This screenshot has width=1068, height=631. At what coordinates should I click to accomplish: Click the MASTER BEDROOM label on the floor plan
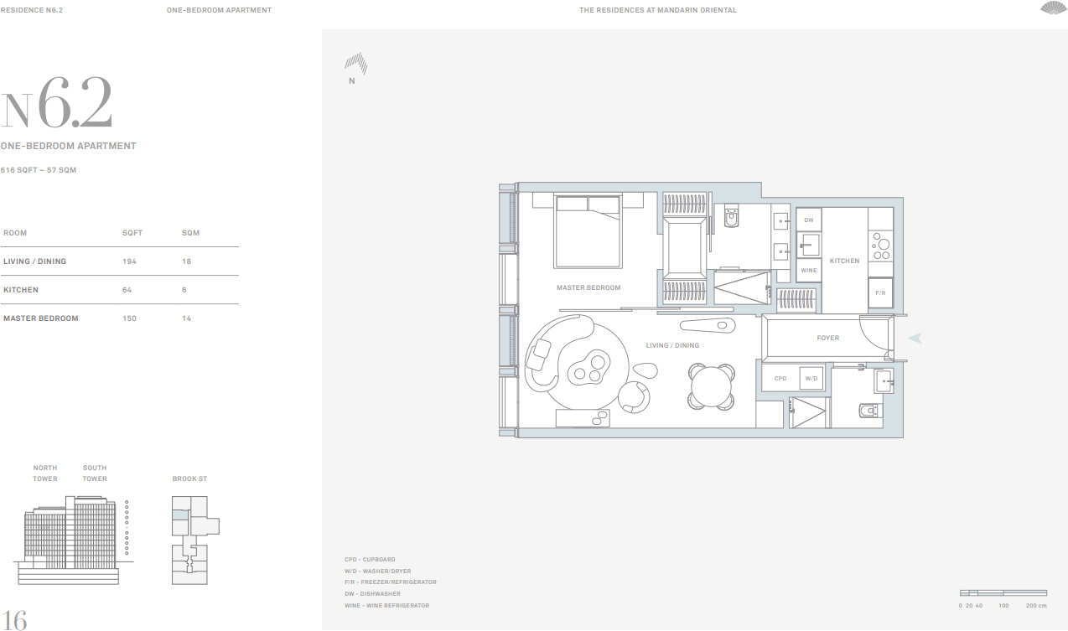tap(588, 287)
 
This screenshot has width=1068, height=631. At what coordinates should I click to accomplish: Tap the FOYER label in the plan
tap(827, 338)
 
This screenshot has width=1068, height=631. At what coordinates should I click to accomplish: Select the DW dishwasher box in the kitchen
tap(808, 220)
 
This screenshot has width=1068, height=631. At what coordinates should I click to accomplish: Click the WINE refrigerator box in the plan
tap(808, 271)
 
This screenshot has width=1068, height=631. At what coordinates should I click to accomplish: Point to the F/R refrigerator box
tap(880, 293)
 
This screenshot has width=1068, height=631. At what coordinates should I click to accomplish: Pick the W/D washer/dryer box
tap(811, 378)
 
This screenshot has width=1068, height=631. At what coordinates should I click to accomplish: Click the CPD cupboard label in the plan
tap(780, 378)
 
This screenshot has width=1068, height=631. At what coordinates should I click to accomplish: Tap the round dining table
tap(712, 387)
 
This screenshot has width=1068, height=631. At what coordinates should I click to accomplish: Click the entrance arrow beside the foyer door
tap(915, 338)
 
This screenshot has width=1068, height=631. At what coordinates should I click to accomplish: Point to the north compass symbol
tap(356, 65)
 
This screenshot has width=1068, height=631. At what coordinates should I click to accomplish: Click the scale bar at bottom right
tap(1003, 593)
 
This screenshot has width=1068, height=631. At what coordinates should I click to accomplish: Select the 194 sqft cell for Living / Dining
tap(129, 261)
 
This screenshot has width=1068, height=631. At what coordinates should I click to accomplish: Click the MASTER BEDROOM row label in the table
tap(40, 318)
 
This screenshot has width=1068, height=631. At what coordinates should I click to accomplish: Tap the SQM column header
tap(190, 233)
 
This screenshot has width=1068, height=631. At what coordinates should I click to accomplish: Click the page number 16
tap(13, 619)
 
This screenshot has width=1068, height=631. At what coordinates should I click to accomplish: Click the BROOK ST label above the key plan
tap(189, 478)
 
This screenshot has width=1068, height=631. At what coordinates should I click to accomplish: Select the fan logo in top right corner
tap(1053, 8)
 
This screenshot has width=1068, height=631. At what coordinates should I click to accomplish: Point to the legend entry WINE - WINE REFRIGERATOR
tap(386, 605)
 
